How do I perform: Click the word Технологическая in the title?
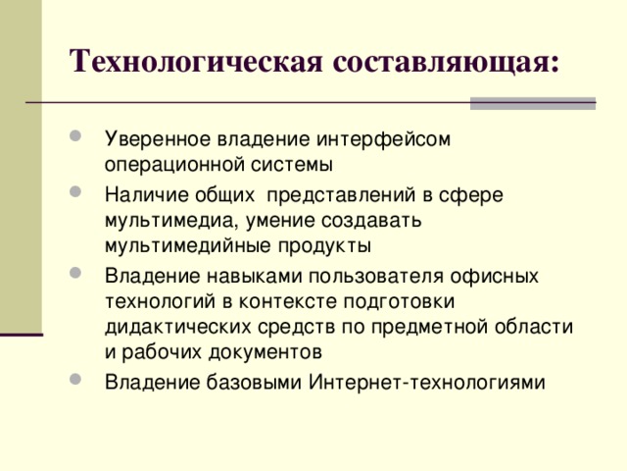(198, 61)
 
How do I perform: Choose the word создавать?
(370, 219)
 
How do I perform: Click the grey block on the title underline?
(533, 102)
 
